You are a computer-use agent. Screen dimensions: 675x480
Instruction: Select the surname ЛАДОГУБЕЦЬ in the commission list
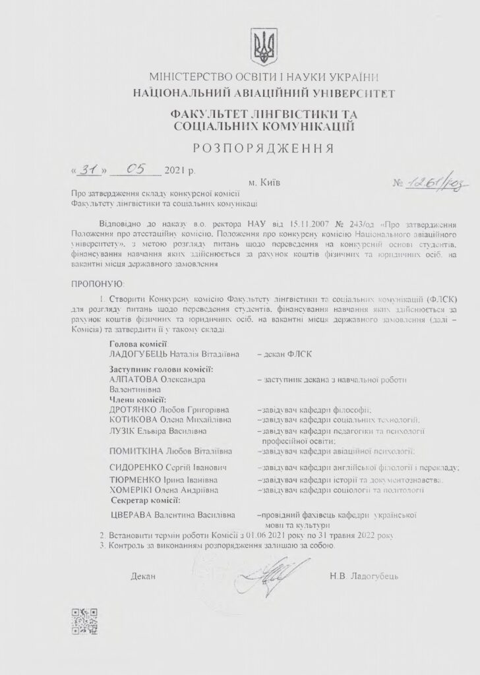[140, 354]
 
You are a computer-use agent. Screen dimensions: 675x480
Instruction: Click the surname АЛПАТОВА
[136, 380]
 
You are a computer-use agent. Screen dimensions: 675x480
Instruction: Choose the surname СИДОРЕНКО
[139, 468]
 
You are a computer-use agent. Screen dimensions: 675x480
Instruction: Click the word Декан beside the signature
[143, 577]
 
